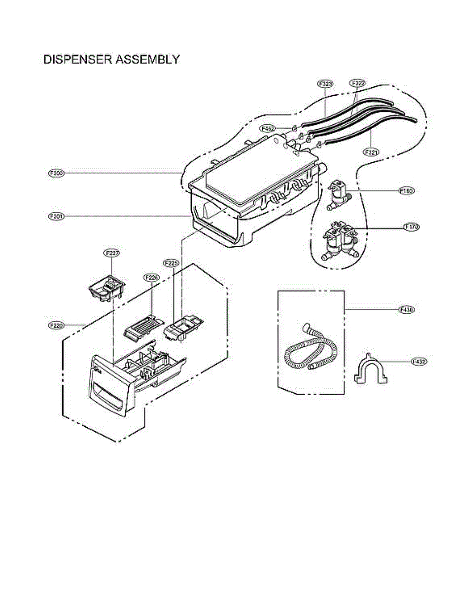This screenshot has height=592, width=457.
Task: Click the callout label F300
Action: (56, 173)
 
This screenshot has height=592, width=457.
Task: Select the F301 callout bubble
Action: (56, 216)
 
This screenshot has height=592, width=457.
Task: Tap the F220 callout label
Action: (56, 326)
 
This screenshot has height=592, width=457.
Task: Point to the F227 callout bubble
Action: (112, 253)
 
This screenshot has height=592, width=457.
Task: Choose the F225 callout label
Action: (170, 263)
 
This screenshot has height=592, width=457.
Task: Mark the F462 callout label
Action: (269, 128)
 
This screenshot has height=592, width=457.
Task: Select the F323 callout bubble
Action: (325, 84)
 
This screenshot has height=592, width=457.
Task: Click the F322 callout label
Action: (358, 84)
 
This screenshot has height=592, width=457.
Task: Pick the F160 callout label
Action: (407, 190)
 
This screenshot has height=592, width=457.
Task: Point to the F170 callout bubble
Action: (412, 227)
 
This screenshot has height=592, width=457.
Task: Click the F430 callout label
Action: (407, 310)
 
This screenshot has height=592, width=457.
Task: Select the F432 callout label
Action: (419, 362)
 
